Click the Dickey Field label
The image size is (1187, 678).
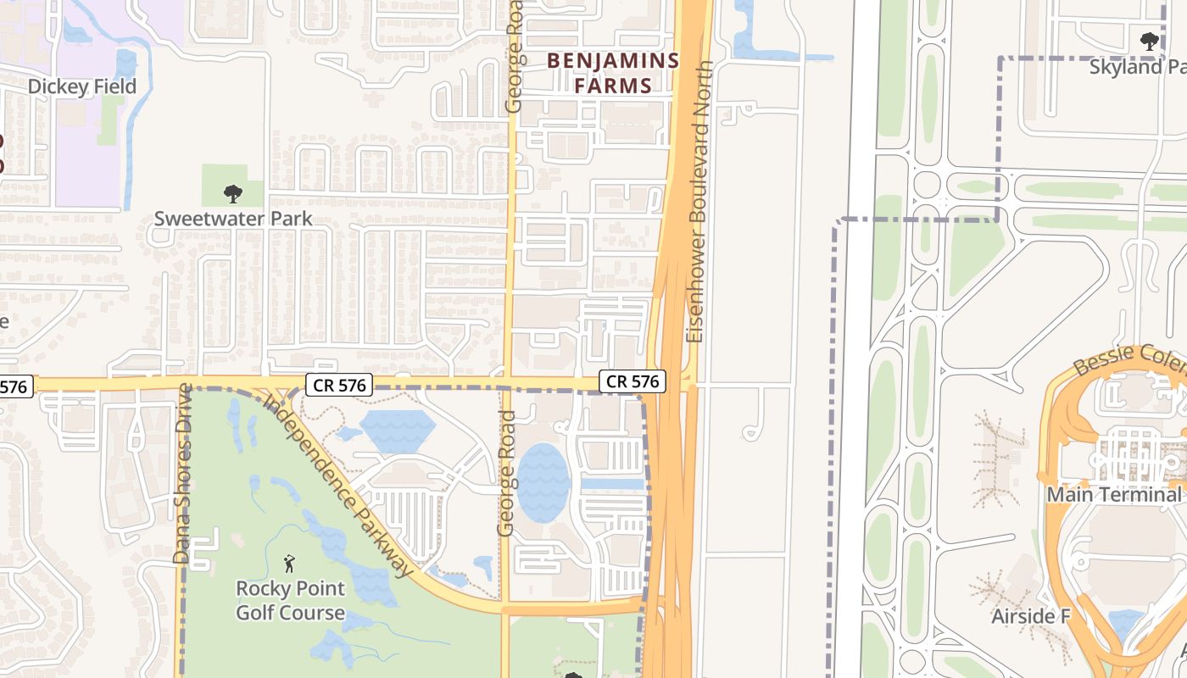point(82,87)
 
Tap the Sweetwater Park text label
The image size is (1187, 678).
point(233,219)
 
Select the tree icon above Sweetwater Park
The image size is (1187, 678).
point(233,194)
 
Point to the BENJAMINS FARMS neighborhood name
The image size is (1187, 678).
point(613,73)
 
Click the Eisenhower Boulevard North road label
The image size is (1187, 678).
point(698,201)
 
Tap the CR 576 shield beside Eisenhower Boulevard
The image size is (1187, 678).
point(633,382)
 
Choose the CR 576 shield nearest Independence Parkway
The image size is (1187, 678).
point(339,386)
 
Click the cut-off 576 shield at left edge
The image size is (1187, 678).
point(14,387)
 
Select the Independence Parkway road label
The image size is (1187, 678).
point(338,486)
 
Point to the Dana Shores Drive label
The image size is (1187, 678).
point(182,474)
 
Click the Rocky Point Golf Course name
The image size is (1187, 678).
point(290,600)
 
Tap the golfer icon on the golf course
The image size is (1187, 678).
point(290,563)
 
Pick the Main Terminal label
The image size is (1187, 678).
point(1114,494)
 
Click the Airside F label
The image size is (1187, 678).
point(1031,616)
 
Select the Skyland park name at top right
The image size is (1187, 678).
point(1137,67)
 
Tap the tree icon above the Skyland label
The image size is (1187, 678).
point(1150,41)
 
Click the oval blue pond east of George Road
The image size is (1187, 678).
point(543,482)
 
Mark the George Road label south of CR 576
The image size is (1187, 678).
point(506,474)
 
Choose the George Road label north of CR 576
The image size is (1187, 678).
point(515,56)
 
